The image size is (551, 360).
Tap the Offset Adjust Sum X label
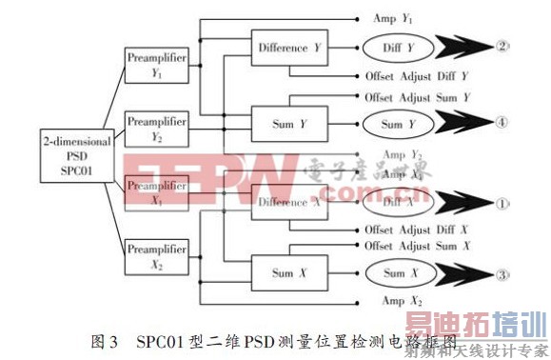(417, 246)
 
